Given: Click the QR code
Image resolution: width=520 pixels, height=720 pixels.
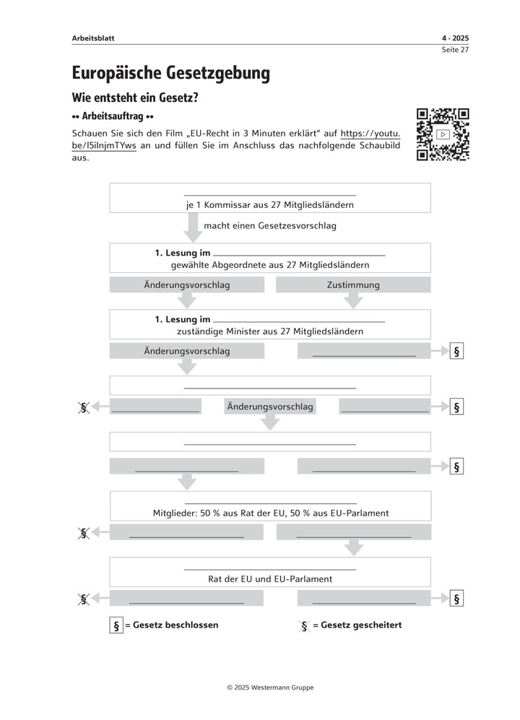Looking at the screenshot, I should (x=443, y=134).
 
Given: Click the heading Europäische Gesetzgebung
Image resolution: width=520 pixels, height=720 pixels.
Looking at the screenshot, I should (x=171, y=72).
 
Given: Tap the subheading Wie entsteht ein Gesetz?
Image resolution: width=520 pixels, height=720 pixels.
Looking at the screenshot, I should (x=135, y=97).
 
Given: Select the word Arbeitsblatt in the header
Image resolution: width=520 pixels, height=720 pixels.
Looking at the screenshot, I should (x=93, y=38).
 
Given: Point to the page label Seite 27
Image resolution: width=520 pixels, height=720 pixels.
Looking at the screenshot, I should (x=456, y=50).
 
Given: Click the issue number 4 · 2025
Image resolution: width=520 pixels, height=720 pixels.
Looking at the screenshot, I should (x=455, y=38).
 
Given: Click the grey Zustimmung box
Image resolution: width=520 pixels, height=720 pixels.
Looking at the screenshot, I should (x=353, y=285).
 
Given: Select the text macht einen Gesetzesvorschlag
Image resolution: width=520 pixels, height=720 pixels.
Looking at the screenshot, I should (x=270, y=226).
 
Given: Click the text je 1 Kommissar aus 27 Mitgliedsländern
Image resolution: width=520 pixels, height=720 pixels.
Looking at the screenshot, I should (x=269, y=204).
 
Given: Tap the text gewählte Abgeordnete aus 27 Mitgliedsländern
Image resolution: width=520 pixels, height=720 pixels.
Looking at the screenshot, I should (x=270, y=265).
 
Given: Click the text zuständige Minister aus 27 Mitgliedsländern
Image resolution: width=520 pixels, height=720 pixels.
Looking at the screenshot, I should (x=270, y=331).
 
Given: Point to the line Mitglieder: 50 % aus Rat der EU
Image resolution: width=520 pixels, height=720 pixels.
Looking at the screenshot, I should (x=271, y=513).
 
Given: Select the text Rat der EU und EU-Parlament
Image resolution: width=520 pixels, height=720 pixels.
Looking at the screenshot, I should (x=270, y=578).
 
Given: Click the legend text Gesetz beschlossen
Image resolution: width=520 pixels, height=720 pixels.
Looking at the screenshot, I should (x=175, y=625).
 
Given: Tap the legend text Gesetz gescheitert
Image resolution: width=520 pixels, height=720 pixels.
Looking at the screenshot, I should (x=361, y=625).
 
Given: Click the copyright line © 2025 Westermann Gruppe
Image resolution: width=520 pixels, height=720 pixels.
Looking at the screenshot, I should (x=270, y=688).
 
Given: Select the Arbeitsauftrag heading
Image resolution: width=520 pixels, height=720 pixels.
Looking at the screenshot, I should (x=113, y=116).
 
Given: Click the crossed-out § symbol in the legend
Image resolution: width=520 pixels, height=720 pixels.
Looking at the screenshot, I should (x=305, y=626).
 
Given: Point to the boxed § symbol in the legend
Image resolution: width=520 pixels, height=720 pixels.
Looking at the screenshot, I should (x=115, y=626).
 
